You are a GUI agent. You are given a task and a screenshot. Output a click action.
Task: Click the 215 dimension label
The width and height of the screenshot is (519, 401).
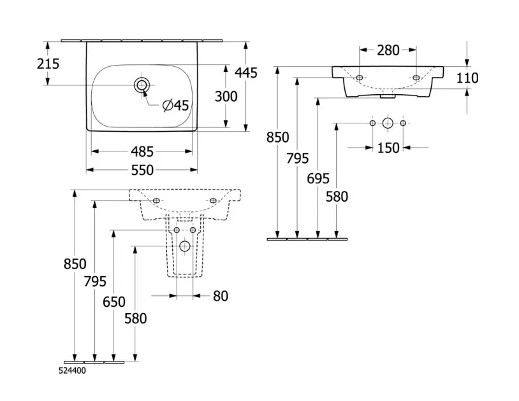(30, 64)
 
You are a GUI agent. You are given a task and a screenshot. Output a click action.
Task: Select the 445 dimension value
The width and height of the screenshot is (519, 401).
(245, 73)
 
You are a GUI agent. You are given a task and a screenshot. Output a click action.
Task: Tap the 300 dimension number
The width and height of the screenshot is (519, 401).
(226, 96)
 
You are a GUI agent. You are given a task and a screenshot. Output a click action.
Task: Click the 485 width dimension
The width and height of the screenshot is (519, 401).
(142, 151)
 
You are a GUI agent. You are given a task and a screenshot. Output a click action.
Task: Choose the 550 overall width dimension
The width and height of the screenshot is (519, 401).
(142, 170)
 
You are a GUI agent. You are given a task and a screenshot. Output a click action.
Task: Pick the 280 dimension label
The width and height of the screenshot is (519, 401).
(388, 50)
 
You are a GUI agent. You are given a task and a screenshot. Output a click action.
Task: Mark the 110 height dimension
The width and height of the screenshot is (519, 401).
(467, 78)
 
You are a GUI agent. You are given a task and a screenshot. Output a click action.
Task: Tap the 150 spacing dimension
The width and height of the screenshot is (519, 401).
(388, 148)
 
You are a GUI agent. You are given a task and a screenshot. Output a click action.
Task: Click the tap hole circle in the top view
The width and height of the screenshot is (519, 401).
(142, 85)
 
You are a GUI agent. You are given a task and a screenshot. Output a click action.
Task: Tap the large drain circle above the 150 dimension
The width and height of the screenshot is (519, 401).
(388, 122)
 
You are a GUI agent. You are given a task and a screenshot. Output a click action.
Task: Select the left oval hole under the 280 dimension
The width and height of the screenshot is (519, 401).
(360, 78)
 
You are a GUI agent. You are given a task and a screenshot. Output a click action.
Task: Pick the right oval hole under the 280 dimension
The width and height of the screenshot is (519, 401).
(416, 78)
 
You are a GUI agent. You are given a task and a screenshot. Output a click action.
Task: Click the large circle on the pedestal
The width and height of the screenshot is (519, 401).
(185, 246)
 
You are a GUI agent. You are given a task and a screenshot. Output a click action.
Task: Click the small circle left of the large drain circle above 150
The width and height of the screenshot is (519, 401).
(372, 122)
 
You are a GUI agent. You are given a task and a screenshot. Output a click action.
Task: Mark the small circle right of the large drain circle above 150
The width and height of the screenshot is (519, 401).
(403, 122)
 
